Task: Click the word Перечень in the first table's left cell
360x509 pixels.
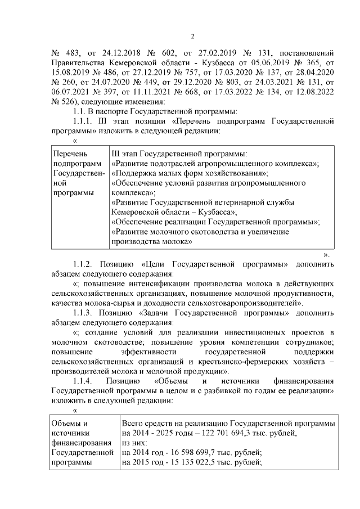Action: point(67,154)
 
